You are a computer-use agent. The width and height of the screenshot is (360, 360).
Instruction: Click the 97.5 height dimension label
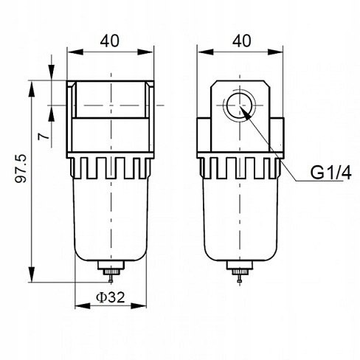[21, 168]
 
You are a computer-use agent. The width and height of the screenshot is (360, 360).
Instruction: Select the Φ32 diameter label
[111, 297]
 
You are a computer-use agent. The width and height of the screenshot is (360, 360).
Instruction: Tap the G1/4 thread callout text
[330, 173]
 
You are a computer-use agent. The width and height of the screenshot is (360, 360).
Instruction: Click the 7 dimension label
[44, 136]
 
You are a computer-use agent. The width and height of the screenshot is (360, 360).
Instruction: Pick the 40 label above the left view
[110, 41]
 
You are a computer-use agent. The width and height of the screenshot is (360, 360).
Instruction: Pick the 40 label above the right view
[242, 41]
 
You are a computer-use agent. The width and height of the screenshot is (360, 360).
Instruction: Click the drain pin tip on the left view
[111, 282]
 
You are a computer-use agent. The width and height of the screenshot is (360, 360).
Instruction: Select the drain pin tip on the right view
[240, 282]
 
